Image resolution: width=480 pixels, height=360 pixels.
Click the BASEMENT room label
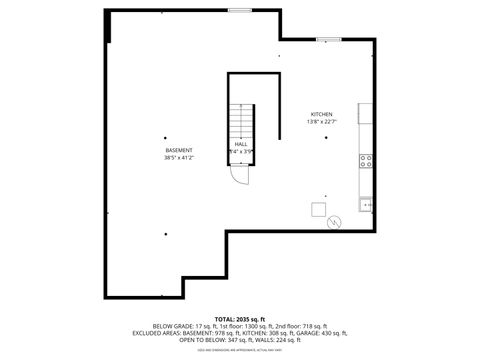pos(179,150)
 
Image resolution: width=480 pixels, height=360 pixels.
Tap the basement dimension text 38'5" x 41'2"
pos(179,157)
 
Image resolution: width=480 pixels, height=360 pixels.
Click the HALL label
pos(241,144)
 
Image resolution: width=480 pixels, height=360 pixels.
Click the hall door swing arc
pos(239,176)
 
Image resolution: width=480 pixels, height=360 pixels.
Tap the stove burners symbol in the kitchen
pos(367,158)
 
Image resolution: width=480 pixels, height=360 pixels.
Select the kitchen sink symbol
pos(367,204)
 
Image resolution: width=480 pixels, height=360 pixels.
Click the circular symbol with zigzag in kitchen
pos(335,222)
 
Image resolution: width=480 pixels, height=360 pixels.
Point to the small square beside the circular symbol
pos(318,209)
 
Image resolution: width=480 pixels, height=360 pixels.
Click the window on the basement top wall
pos(239,10)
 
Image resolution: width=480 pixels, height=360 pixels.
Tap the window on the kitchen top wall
pos(328,39)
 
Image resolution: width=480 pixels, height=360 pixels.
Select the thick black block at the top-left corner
pos(107,27)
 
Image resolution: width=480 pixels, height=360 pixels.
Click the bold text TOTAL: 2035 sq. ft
pos(239,319)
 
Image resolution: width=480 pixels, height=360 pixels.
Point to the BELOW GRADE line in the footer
pos(239,327)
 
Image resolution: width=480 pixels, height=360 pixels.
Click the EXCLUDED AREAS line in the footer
pos(239,334)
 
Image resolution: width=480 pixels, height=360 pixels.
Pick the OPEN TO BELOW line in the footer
pos(239,341)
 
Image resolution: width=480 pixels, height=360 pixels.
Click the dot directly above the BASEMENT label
pos(166,137)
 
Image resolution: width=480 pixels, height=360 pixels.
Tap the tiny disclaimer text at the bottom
pos(239,350)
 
